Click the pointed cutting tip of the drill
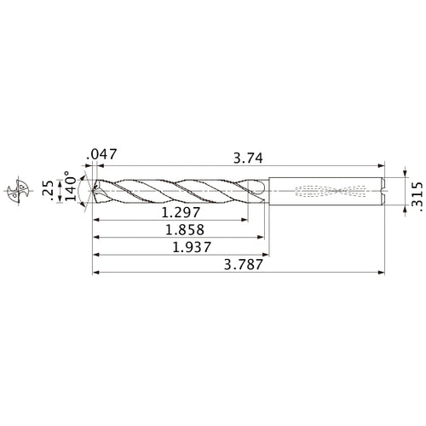pos(93,188)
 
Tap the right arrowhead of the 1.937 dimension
pos(267,255)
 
